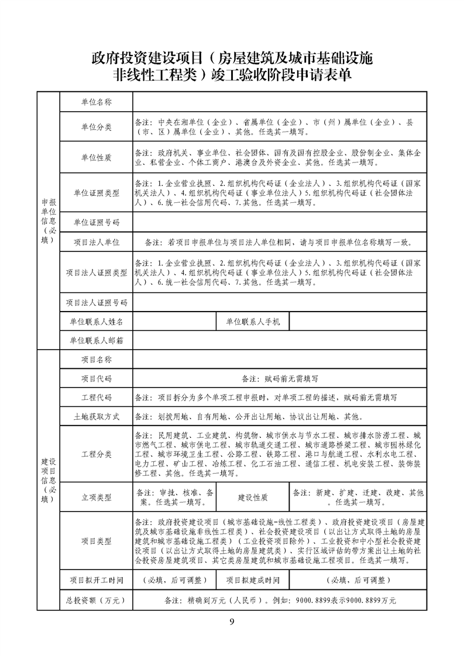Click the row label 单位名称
point(96,102)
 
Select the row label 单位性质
point(96,158)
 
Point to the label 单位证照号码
point(96,222)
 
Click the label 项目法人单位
point(96,241)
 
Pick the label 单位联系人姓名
point(96,322)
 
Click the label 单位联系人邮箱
point(96,340)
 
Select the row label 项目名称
point(96,360)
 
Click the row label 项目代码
point(96,379)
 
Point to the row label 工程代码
point(96,398)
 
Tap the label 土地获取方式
point(96,417)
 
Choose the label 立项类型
point(96,498)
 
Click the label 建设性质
point(252,498)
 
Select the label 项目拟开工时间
point(96,581)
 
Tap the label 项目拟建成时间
point(252,581)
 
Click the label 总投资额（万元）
point(96,600)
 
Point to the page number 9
point(232,621)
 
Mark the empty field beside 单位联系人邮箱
point(280,340)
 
